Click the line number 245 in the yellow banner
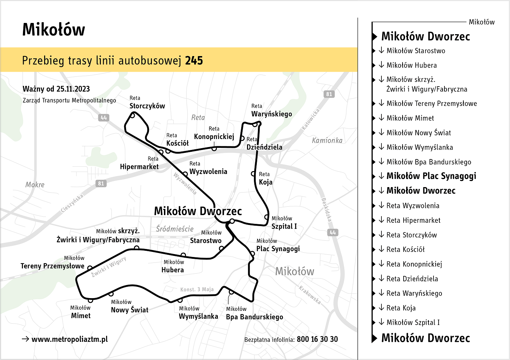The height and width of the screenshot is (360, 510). click(x=194, y=60)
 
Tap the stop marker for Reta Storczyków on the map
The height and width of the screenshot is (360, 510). click(x=133, y=115)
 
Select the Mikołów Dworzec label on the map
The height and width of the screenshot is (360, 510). click(x=198, y=211)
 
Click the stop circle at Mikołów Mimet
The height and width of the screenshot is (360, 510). click(x=90, y=300)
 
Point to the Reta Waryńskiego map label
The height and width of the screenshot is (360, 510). click(x=271, y=111)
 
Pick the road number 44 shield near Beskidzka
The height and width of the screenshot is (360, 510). click(x=333, y=233)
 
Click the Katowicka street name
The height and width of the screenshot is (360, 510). click(x=310, y=119)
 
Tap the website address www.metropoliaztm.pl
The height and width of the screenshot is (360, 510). click(x=70, y=339)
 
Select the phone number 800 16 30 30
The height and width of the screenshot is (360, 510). click(x=317, y=339)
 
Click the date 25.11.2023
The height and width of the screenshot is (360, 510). click(x=73, y=89)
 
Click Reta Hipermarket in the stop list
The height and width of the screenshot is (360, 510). click(x=413, y=220)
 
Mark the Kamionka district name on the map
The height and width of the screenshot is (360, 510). click(x=327, y=141)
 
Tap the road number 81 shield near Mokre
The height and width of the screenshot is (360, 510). click(x=101, y=183)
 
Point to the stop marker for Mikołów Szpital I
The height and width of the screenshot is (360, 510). click(x=267, y=217)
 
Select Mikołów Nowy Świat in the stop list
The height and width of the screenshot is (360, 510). click(x=419, y=133)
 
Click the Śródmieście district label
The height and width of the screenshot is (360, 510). click(x=175, y=229)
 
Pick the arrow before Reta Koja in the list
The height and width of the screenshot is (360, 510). click(x=381, y=308)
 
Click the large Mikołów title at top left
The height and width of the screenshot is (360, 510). click(x=54, y=29)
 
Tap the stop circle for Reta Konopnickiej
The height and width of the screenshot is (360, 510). click(x=214, y=149)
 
